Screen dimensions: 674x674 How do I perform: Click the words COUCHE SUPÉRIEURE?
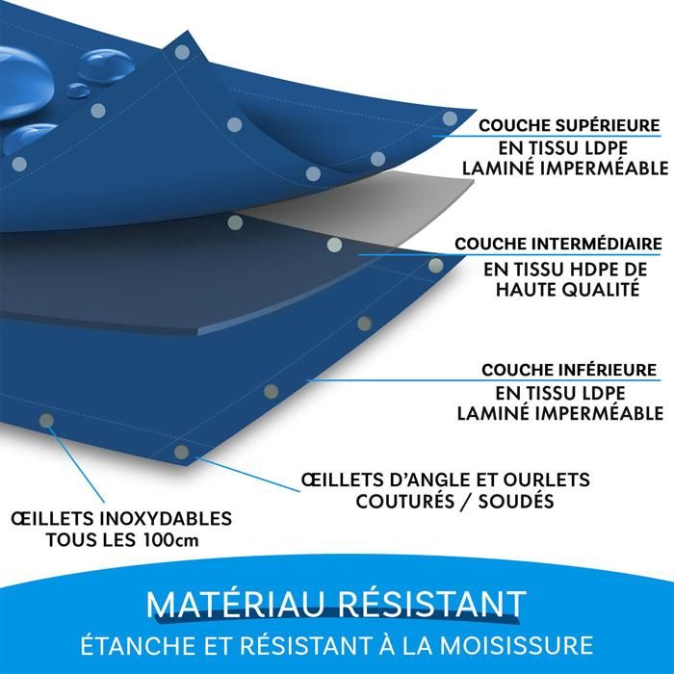coord(570,124)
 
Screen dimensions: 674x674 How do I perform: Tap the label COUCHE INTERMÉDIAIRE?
coord(558,244)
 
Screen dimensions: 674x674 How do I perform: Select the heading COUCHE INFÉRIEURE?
coord(569,370)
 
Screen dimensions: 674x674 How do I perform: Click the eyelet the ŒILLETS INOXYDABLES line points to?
coord(45,420)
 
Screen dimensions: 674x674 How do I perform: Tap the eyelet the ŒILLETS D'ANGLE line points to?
coord(181,452)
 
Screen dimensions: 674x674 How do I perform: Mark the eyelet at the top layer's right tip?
coord(450,118)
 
